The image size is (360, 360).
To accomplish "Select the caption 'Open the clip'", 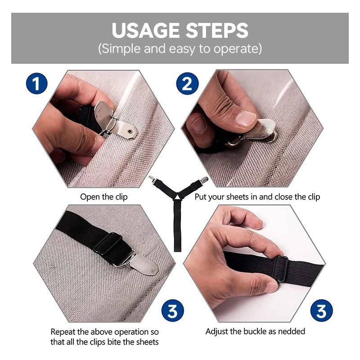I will pos(104,197).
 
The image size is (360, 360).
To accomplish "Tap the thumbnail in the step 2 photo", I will pos(246,118).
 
